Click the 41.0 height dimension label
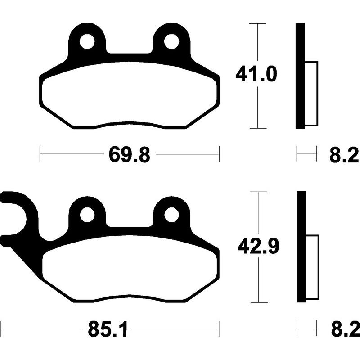point(256,75)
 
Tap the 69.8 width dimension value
point(129,156)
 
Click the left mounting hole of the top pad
point(87,41)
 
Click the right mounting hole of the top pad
point(171,41)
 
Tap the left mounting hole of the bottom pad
point(87,215)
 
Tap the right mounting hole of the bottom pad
point(171,215)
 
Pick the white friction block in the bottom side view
point(312,267)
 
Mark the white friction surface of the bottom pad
point(130,270)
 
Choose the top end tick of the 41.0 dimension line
point(257,22)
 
